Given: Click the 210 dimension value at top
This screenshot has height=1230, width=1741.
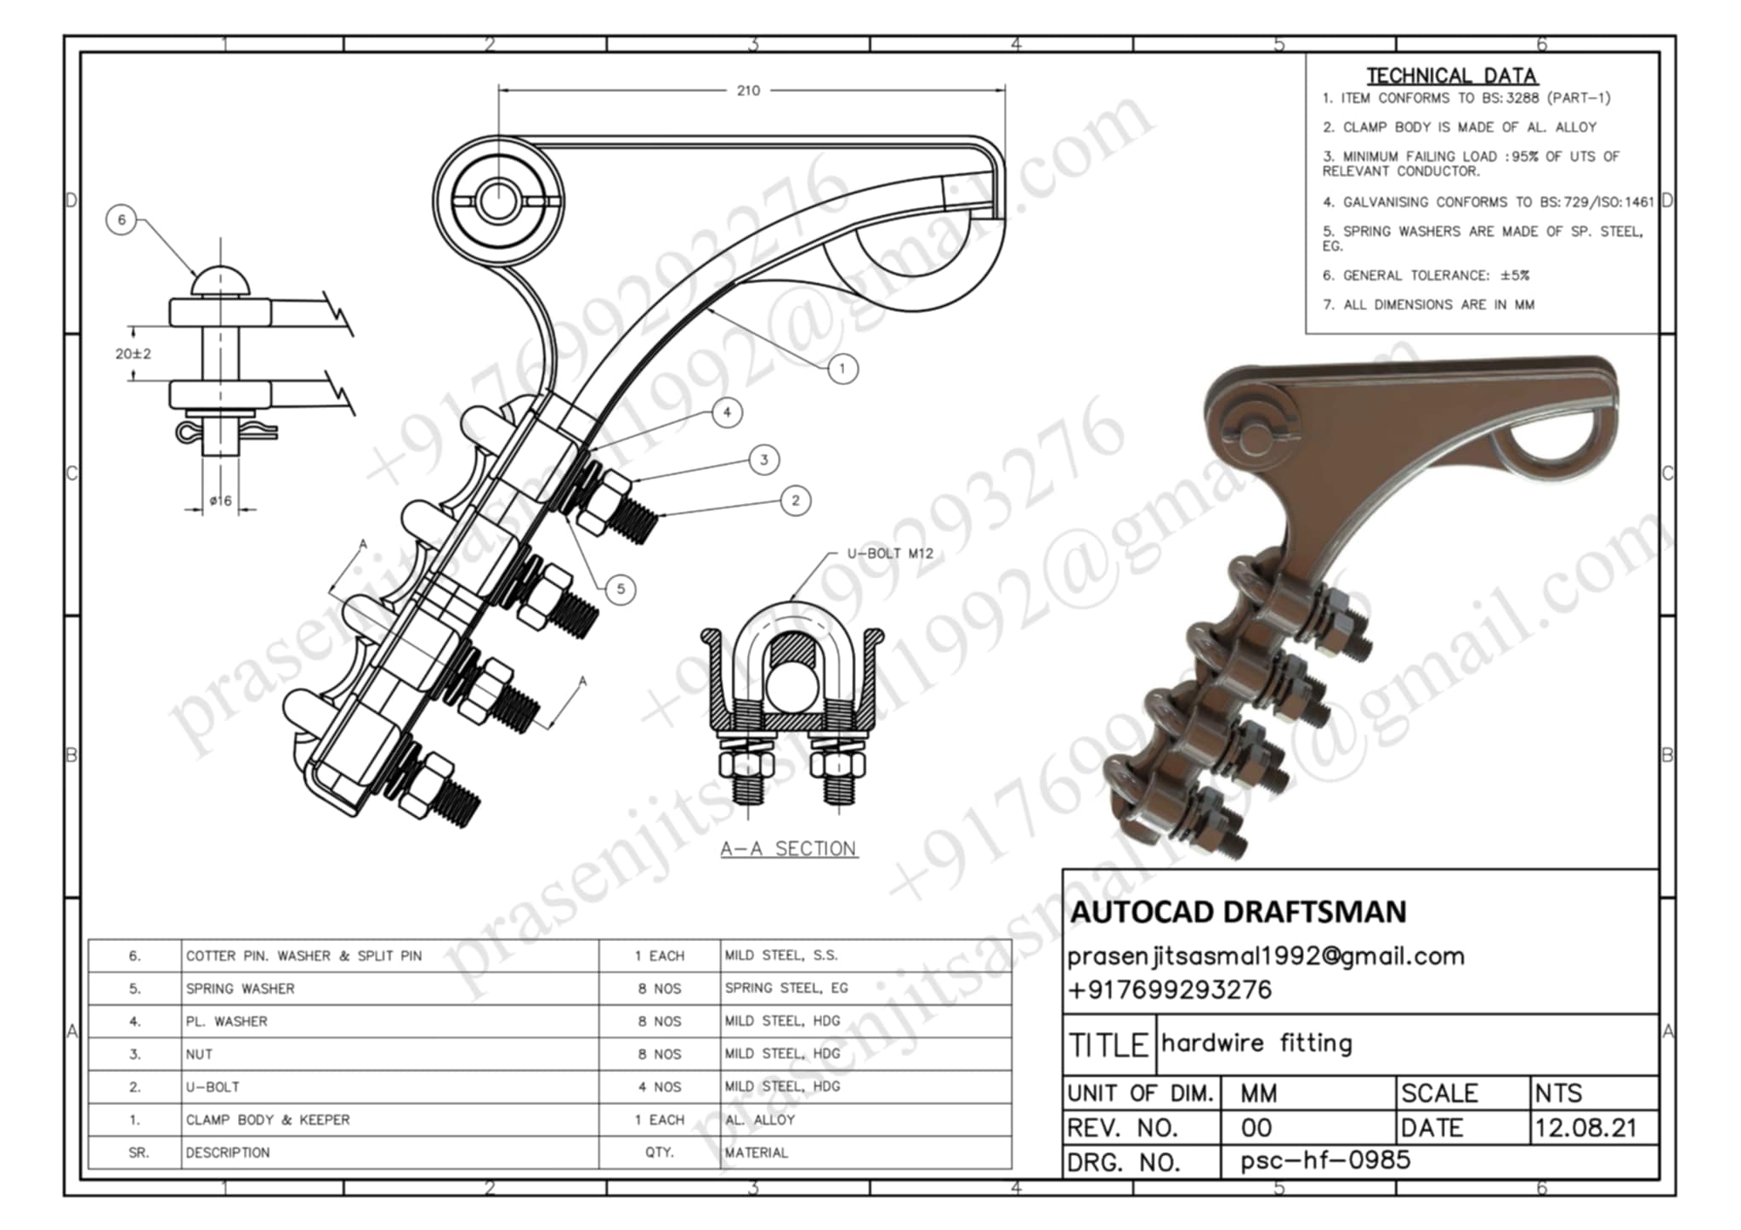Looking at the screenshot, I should [748, 91].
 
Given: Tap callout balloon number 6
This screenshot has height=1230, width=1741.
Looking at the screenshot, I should [122, 220].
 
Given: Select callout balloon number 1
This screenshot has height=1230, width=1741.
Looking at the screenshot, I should [842, 369].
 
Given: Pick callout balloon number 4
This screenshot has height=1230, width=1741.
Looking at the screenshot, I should [727, 413].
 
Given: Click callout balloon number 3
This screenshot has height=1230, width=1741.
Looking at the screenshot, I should [764, 460].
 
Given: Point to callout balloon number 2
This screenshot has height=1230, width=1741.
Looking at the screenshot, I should [796, 501].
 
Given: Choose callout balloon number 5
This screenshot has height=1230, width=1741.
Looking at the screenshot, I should [621, 589].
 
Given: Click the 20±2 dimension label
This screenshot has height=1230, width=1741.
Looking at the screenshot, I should [133, 354].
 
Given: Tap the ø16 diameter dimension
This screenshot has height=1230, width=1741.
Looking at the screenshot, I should [220, 501].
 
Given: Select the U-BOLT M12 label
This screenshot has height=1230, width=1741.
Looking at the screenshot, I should [890, 553].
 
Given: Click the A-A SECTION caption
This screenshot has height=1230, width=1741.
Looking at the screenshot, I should [788, 848].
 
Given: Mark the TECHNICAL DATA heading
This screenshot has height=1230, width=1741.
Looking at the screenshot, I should [1451, 76].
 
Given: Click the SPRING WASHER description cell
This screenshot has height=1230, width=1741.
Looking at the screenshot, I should [241, 989].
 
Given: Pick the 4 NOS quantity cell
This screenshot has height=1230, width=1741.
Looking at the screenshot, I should [660, 1087].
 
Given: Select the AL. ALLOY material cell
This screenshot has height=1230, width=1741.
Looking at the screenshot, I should [760, 1120].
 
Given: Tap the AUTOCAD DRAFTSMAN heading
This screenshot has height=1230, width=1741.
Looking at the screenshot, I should [1238, 912].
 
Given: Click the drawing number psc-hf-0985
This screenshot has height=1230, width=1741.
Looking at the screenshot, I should [1325, 1160].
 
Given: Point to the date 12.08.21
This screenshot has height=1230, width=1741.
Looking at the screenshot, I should [1585, 1128].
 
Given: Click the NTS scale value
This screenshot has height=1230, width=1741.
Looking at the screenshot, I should [1558, 1093].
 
